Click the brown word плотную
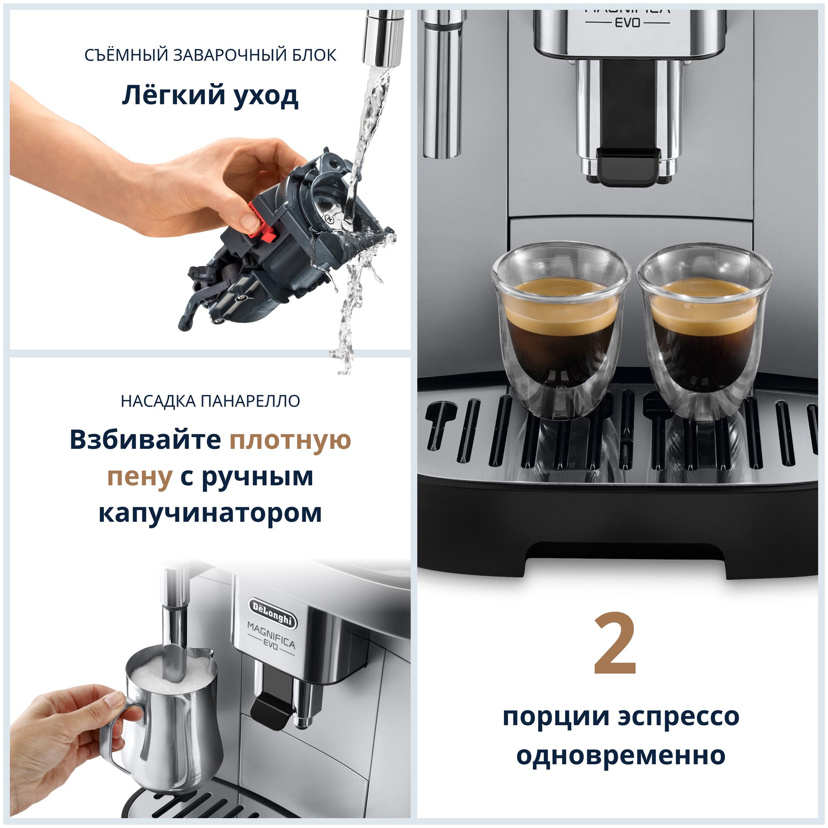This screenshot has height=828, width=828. [290, 440]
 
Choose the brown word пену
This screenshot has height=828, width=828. [140, 477]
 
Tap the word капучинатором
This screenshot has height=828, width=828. [210, 513]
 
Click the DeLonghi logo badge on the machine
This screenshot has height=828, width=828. [272, 613]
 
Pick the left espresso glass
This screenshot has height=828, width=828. [561, 330]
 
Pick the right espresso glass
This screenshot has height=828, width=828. [705, 332]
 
